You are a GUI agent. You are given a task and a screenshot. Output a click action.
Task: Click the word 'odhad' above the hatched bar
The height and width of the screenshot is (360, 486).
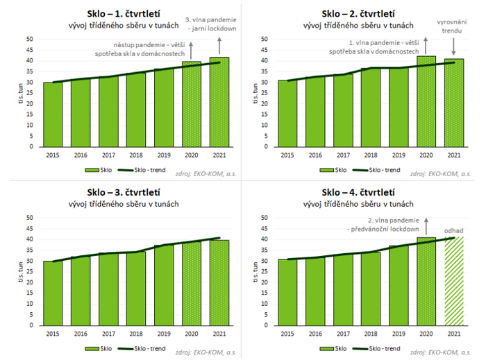click(x=454, y=231)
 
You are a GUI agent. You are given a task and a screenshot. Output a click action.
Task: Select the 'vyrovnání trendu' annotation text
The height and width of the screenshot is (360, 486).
click(x=455, y=27)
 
